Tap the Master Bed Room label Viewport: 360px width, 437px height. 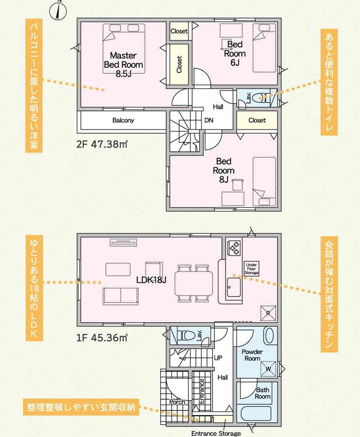tap(123, 65)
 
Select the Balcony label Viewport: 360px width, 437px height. tap(123, 121)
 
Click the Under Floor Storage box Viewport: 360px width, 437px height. tap(251, 269)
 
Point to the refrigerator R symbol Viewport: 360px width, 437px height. tap(268, 313)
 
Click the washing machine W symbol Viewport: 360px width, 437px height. tap(268, 369)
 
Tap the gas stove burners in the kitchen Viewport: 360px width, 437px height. tap(234, 248)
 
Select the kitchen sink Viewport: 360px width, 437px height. tap(233, 287)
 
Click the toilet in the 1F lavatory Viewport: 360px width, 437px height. tap(186, 334)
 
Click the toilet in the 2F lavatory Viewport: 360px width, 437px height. tap(264, 98)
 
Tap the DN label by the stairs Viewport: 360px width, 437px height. tap(209, 121)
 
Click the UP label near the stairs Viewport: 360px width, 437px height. tap(218, 358)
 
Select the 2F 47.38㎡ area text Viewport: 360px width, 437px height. tap(102, 144)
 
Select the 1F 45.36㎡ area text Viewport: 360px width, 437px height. tap(102, 338)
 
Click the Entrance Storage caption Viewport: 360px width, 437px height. tap(216, 433)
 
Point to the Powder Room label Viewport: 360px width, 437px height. tap(252, 355)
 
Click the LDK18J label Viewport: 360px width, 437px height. tap(151, 280)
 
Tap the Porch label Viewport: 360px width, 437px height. tap(177, 402)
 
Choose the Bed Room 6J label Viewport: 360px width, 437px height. tap(235, 53)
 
